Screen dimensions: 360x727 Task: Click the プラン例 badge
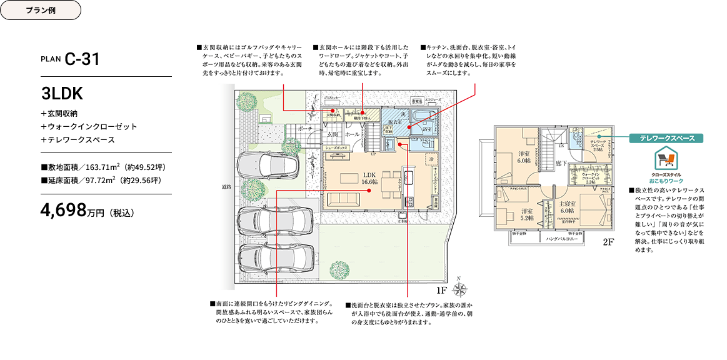coord(41,11)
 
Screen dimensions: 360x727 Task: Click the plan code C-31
coord(82,59)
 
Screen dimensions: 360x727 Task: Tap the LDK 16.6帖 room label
coord(369,177)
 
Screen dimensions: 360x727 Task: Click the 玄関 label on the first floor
coord(333,134)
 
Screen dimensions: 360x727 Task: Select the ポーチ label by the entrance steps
coord(306,128)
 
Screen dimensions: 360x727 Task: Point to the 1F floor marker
coord(441,291)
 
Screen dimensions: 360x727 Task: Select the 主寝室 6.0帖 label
coord(567,207)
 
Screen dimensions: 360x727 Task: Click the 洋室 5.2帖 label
coord(526,214)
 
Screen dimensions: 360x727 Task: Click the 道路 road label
coord(226,187)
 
